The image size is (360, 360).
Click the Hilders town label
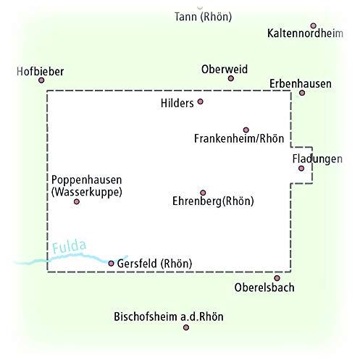(177, 104)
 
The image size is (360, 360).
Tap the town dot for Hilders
(200, 101)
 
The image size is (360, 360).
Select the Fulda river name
(69, 246)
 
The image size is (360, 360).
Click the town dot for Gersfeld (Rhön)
(111, 263)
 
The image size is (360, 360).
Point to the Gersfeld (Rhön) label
(154, 264)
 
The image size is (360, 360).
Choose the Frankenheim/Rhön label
(239, 138)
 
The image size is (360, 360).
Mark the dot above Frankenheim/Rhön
(246, 130)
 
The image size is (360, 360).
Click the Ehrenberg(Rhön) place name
(213, 201)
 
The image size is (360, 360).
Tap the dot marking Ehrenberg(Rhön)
(203, 193)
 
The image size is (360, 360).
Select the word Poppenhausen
(87, 180)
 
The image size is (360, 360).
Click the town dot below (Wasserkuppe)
(77, 201)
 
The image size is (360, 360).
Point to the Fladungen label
(317, 159)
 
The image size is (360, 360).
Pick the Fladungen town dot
(301, 168)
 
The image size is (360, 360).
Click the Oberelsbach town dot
(277, 278)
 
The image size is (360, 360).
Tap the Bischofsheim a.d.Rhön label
(169, 317)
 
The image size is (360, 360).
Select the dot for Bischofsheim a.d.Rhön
(186, 327)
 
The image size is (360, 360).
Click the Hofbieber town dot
(41, 80)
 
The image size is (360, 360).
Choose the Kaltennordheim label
(305, 33)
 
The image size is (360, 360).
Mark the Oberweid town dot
(231, 78)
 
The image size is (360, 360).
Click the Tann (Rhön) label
(203, 17)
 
